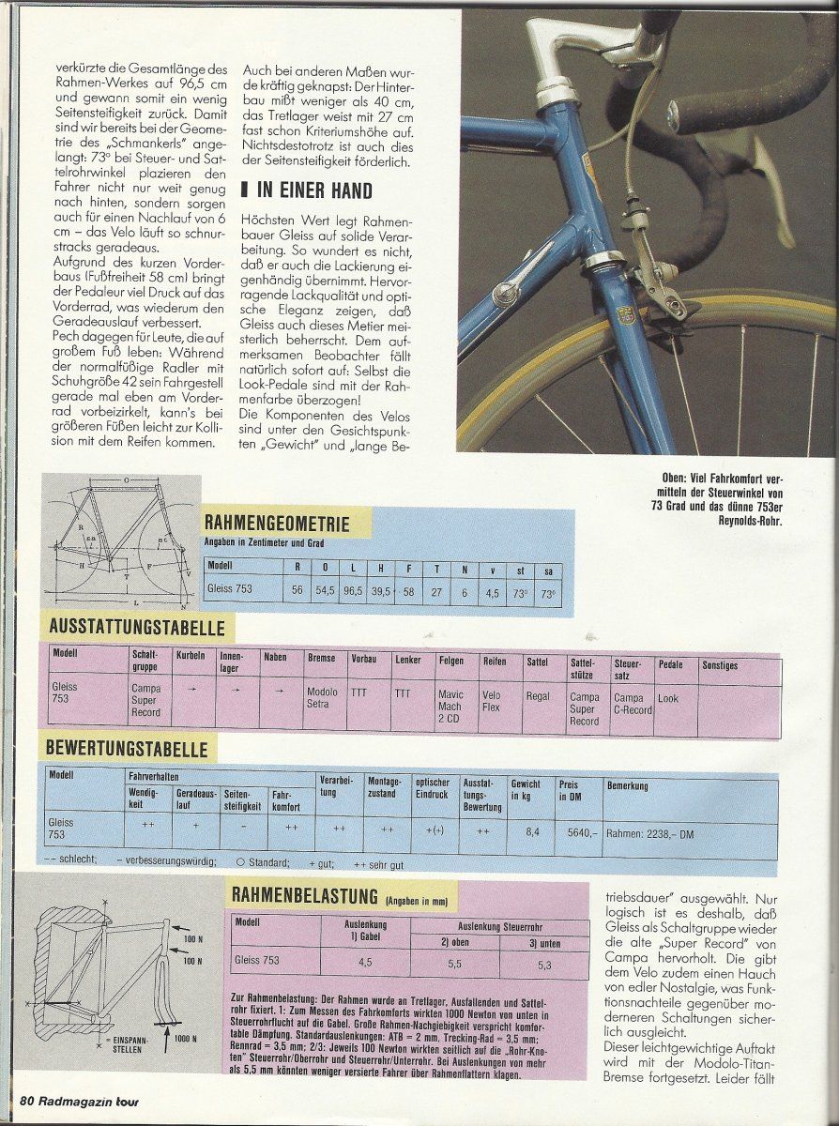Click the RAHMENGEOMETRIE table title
277,525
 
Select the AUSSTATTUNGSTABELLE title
132,629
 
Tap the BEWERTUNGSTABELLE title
125,751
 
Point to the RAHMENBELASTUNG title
305,896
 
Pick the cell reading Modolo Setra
322,698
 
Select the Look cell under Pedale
667,698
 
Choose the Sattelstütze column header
582,668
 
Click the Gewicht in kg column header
526,789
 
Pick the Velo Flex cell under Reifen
492,701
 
